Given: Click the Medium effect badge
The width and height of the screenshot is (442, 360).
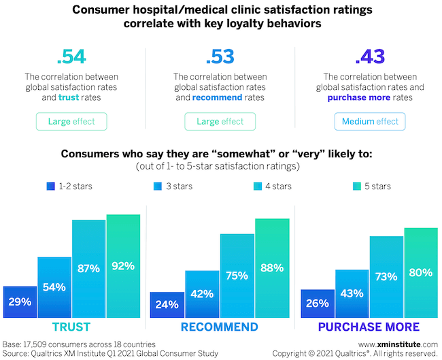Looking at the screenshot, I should [x=369, y=122].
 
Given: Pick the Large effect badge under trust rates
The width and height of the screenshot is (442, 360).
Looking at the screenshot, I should [x=72, y=122].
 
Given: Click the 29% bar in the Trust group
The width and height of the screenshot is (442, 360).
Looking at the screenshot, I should [x=20, y=299].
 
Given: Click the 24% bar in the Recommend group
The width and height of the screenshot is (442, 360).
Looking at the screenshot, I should [x=167, y=303].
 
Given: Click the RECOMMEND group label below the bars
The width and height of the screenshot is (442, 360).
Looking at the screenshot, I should [x=220, y=327].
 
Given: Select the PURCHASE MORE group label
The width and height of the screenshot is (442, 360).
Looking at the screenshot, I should [x=369, y=327].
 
